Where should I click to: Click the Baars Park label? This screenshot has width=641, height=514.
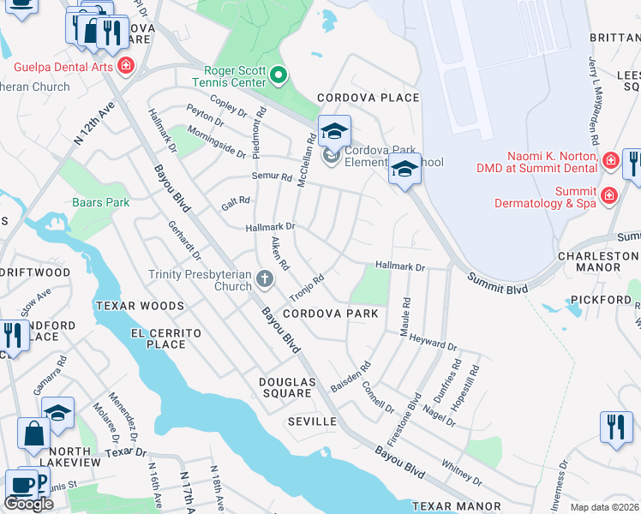coord(100,203)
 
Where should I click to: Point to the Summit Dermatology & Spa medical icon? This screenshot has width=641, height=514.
coord(608,196)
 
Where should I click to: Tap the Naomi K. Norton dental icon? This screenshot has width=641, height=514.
coord(610,160)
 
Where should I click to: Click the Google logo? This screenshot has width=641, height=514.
coord(28,504)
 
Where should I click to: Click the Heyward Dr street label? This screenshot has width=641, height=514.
coord(434,342)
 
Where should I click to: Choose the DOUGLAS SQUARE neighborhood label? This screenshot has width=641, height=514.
coord(287,387)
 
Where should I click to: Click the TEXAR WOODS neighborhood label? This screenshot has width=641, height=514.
coord(140,306)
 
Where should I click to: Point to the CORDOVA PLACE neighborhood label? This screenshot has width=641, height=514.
coord(368,98)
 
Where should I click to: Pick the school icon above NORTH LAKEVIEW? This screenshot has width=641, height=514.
coord(58,414)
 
